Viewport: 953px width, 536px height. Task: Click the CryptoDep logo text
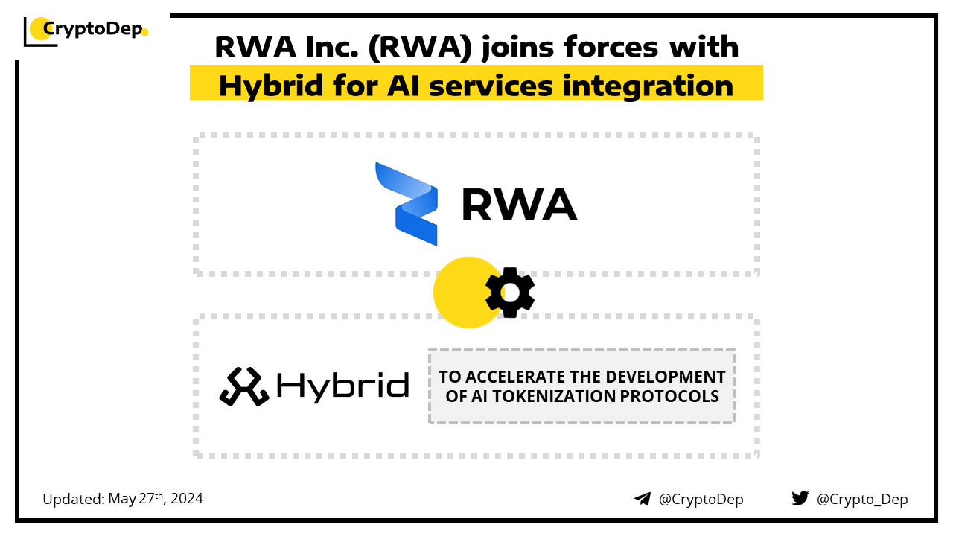(x=93, y=29)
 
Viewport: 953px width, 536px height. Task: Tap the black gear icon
(x=510, y=293)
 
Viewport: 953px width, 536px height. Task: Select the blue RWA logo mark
(x=407, y=204)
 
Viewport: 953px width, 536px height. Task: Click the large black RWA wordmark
(x=520, y=205)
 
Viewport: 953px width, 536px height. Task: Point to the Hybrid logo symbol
(x=243, y=386)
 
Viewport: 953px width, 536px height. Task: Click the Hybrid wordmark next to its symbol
(x=343, y=386)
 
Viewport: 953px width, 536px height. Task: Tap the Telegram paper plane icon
(x=643, y=499)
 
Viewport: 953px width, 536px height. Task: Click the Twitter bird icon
(x=800, y=498)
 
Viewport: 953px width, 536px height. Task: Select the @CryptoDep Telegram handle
(x=701, y=499)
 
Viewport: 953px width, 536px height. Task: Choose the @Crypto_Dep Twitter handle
(x=862, y=499)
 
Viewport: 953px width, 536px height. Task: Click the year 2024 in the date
(x=187, y=498)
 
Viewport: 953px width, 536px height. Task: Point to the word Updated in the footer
(x=74, y=499)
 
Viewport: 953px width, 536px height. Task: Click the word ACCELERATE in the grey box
(x=514, y=377)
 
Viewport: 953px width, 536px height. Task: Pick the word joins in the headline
(x=517, y=47)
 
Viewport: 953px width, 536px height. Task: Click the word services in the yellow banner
(x=491, y=86)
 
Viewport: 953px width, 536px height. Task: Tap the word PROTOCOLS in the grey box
(x=669, y=396)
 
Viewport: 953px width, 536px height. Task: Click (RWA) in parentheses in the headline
(x=421, y=47)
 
